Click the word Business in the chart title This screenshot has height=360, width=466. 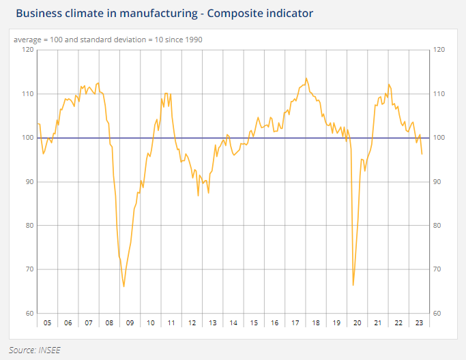(x=39, y=13)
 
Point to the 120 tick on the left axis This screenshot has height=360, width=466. (x=27, y=50)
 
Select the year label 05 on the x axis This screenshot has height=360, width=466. (x=47, y=323)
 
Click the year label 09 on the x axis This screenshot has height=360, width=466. (x=130, y=323)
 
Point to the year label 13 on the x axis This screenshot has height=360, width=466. (x=213, y=323)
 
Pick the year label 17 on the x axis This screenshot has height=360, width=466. (x=295, y=323)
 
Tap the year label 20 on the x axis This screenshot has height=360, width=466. (x=357, y=323)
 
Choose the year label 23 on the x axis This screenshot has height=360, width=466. (x=419, y=323)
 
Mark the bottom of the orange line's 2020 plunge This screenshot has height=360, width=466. (x=353, y=285)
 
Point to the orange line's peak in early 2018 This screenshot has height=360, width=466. (x=306, y=78)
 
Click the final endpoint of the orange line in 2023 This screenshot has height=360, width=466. (x=422, y=154)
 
